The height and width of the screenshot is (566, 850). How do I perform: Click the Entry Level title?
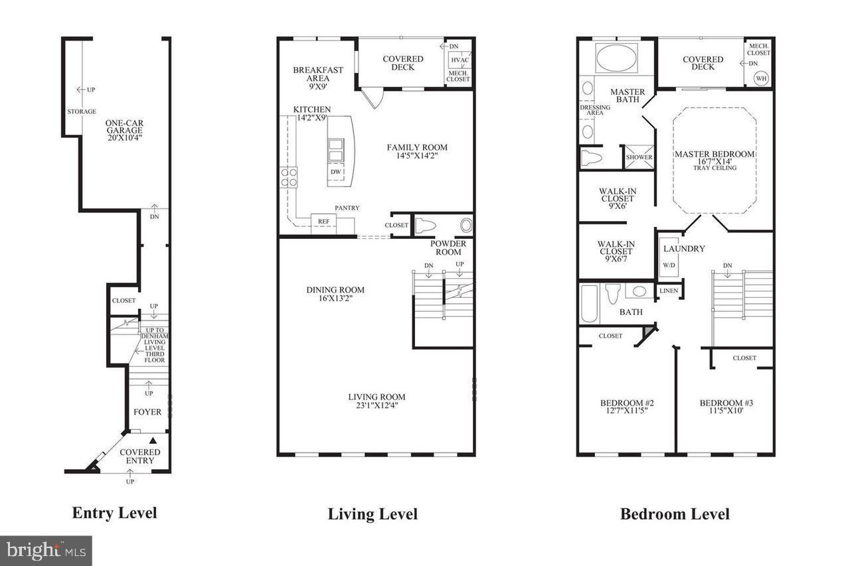[x=114, y=513]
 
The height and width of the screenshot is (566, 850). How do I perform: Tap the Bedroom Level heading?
[x=675, y=514]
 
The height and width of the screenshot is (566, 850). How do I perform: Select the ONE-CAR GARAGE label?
[x=124, y=126]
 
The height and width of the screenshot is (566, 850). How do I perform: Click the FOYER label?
[x=147, y=411]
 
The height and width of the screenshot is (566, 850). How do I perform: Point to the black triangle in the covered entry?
[x=153, y=441]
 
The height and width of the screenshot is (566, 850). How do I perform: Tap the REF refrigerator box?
[x=323, y=224]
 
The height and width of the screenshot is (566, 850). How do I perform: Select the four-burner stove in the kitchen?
[x=289, y=177]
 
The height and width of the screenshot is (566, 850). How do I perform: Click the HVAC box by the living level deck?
[x=460, y=60]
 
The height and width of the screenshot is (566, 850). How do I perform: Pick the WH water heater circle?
[x=761, y=78]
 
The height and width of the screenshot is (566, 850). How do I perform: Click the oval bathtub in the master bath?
[x=617, y=58]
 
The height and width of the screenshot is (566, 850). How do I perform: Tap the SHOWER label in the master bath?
[x=639, y=157]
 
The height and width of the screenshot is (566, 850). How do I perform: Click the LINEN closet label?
[x=669, y=291]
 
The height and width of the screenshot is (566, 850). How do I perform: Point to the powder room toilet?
[x=425, y=226]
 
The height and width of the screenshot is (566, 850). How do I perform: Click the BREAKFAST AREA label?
[x=318, y=74]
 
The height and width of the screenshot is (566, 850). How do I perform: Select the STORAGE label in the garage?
[x=82, y=111]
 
